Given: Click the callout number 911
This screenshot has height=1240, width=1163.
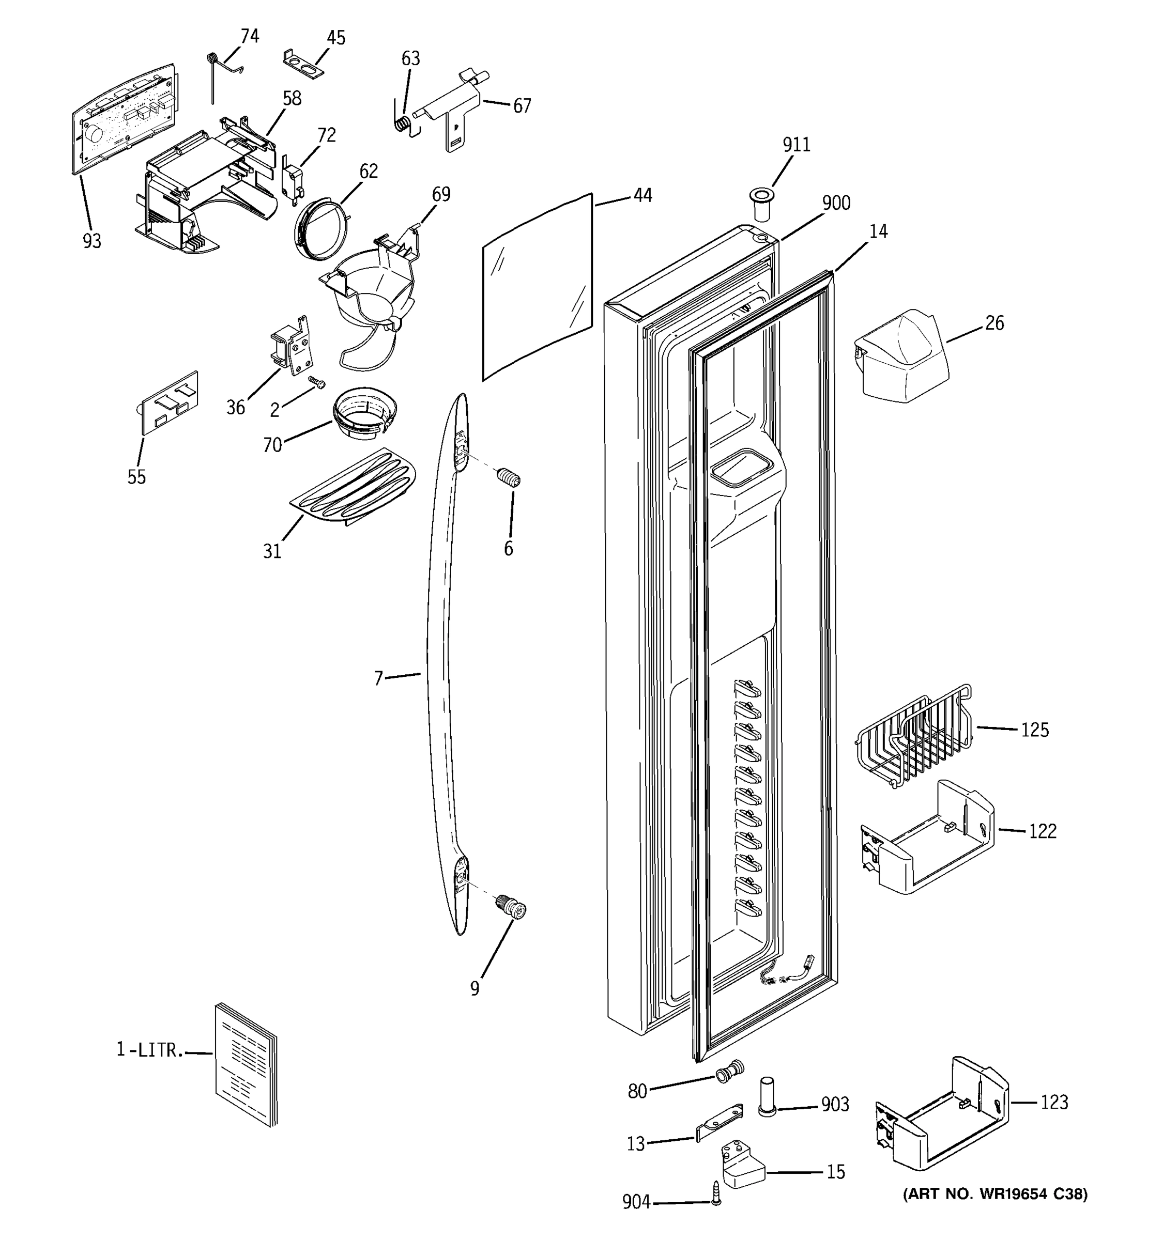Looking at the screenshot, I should click(796, 145).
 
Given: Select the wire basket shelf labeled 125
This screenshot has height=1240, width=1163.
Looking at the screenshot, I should click(913, 736).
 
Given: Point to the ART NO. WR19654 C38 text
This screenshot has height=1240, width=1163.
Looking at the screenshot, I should click(994, 1195).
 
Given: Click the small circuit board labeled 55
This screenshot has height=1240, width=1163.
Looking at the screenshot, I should click(169, 402).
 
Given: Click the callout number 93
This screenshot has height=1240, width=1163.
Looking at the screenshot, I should click(91, 241).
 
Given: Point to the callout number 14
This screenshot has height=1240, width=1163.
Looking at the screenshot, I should click(878, 231).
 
